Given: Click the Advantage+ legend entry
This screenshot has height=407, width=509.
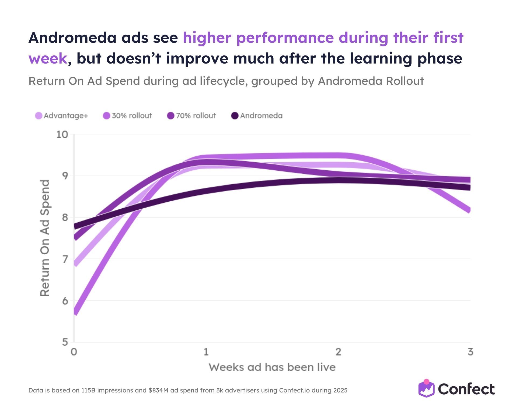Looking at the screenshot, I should click(x=62, y=116).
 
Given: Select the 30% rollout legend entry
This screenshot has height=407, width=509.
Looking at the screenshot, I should click(x=128, y=116).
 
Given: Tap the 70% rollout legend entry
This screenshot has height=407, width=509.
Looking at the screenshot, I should click(x=191, y=116).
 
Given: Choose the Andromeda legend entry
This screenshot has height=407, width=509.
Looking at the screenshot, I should click(x=257, y=116).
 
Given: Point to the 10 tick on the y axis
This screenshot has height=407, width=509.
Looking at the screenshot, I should click(x=62, y=134).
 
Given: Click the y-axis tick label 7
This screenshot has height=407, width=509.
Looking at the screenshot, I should click(x=65, y=259).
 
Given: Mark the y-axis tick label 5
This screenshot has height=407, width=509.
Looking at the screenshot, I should click(x=65, y=342).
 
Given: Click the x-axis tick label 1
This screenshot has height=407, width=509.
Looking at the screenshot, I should click(x=206, y=352).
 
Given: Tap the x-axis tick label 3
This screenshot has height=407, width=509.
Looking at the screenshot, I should click(x=470, y=352).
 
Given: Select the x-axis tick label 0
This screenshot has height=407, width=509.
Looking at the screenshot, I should click(x=74, y=352).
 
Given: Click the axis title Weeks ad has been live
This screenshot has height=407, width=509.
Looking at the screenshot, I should click(x=272, y=367).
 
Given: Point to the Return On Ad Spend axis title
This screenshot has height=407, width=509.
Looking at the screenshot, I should click(x=45, y=238).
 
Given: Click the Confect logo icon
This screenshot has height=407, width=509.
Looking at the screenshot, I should click(x=426, y=389).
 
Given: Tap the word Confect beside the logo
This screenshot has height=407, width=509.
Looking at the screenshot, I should click(x=466, y=389).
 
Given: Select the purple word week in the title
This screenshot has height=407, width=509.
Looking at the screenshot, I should click(x=48, y=58).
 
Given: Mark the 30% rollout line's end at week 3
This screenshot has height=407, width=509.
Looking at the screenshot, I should click(x=469, y=210).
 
